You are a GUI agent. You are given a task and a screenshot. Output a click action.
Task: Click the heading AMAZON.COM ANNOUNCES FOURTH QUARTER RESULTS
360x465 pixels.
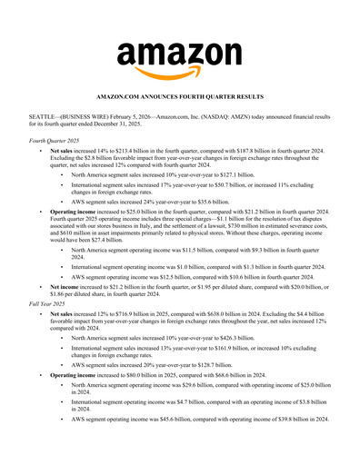pyautogui.click(x=180, y=95)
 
